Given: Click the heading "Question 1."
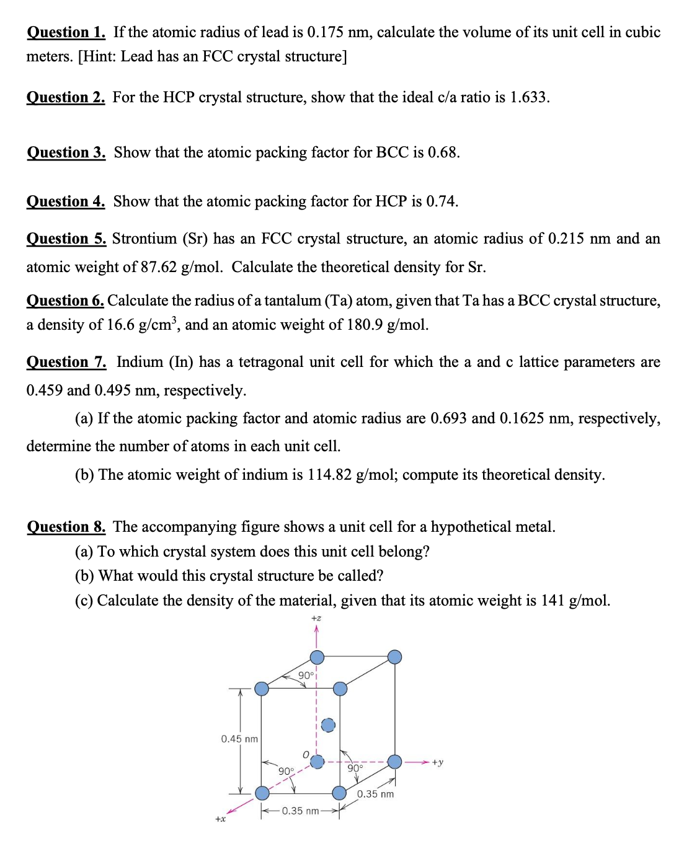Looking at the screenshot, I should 66,32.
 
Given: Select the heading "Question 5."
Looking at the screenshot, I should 66,239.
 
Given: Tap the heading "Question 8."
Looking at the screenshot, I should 66,527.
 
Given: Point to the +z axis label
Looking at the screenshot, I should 316,618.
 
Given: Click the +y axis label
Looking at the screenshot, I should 438,762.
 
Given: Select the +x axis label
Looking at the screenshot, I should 220,819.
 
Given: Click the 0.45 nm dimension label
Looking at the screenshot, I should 239,739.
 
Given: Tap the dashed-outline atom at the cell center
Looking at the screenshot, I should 328,725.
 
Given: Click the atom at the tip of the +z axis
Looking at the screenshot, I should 317,657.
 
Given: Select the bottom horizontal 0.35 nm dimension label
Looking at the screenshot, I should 300,811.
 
